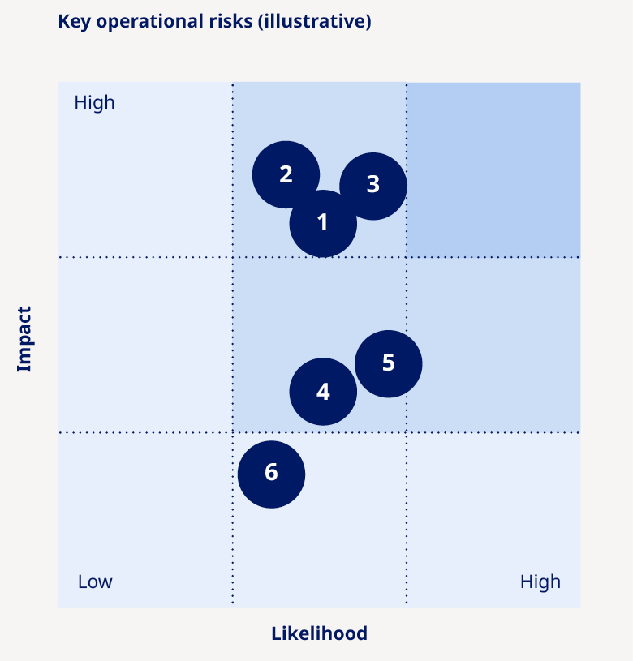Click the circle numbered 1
[323, 223]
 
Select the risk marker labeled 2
[286, 174]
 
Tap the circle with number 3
[372, 185]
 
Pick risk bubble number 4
[323, 392]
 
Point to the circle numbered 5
[389, 363]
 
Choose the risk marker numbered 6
[271, 474]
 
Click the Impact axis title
[24, 339]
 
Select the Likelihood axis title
[319, 633]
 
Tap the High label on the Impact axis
[94, 103]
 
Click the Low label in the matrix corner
[95, 582]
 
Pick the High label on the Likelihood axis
[540, 582]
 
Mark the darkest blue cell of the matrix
[493, 170]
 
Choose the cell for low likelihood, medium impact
[145, 345]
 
